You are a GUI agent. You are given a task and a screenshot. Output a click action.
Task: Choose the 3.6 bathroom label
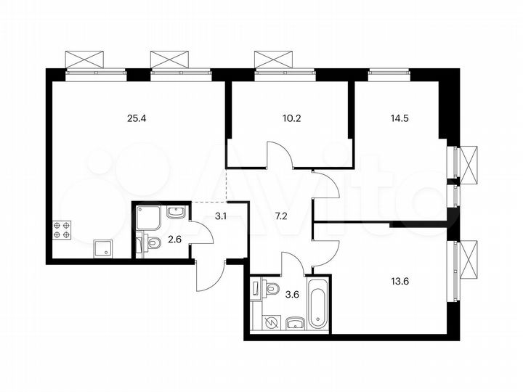point(292,294)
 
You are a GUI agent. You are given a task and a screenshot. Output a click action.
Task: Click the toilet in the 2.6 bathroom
point(152,245)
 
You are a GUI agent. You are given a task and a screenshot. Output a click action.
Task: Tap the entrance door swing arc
point(209,274)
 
